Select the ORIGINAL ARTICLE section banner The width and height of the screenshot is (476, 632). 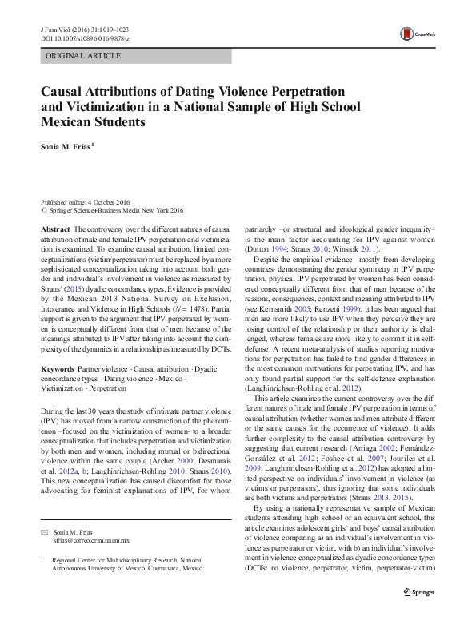(x=84, y=56)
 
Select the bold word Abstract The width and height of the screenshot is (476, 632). (x=56, y=229)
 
